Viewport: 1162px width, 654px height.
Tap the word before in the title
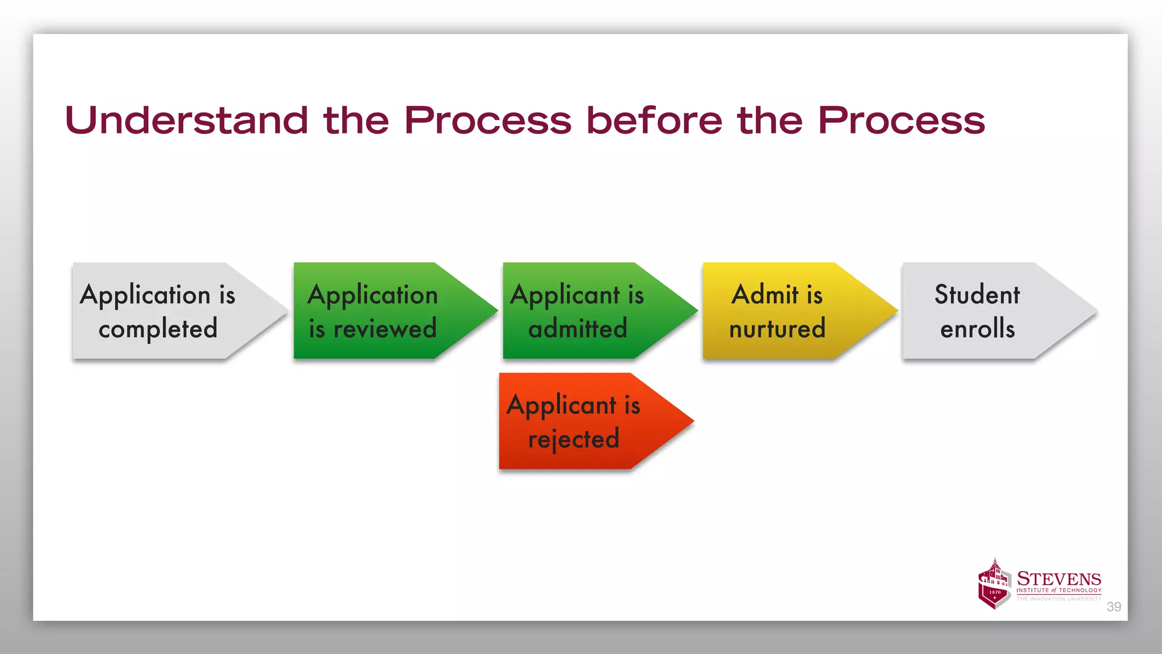point(654,120)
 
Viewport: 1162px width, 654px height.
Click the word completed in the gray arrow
point(158,329)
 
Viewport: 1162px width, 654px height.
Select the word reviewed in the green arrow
point(385,329)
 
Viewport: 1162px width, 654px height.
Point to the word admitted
point(578,329)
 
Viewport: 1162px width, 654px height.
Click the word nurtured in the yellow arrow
point(777,329)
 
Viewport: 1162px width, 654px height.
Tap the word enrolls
point(977,329)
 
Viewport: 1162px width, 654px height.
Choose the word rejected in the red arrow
point(573,439)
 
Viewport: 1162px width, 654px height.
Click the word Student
point(977,295)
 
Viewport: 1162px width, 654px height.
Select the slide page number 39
point(1114,607)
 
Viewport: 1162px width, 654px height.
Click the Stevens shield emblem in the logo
point(995,585)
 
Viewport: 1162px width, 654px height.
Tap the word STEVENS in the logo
point(1059,579)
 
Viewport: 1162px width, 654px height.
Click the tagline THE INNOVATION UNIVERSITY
point(1059,598)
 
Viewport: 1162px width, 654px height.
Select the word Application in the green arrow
point(373,295)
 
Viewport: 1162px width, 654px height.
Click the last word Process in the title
point(901,120)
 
